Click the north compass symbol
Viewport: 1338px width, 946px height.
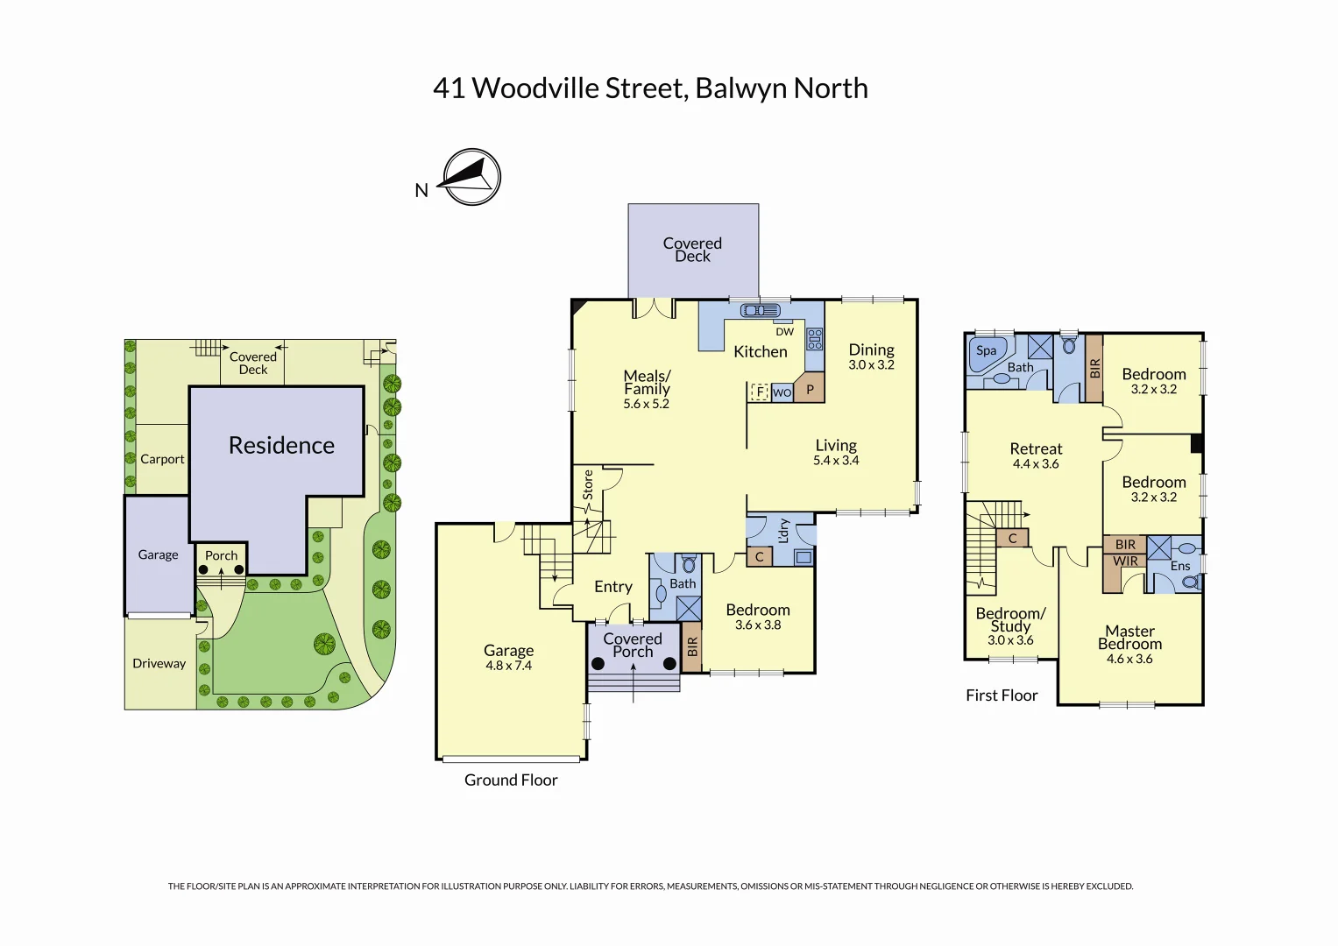471,177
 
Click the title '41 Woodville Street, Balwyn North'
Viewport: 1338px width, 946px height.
650,88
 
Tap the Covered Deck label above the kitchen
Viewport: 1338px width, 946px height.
692,250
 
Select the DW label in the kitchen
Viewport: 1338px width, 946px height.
784,332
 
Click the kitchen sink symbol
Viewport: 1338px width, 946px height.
760,310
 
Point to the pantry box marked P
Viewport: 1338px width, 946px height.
810,390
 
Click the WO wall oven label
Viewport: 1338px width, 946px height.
782,393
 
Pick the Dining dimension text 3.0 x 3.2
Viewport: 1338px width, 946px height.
871,365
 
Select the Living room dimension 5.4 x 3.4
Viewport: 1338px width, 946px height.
836,461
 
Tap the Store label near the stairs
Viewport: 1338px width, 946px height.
588,484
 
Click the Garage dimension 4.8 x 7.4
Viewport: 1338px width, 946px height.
508,666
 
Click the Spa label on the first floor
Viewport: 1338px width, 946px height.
987,350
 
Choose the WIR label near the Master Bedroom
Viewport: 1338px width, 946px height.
1125,561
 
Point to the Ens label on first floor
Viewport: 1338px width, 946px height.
1180,566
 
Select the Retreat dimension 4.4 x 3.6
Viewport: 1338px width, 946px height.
1036,464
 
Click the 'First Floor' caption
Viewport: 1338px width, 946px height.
1002,695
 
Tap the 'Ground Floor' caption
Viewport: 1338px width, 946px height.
511,780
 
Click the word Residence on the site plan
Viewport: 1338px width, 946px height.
281,446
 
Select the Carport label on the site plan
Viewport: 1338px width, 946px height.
162,459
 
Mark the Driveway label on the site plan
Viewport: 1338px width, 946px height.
159,664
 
